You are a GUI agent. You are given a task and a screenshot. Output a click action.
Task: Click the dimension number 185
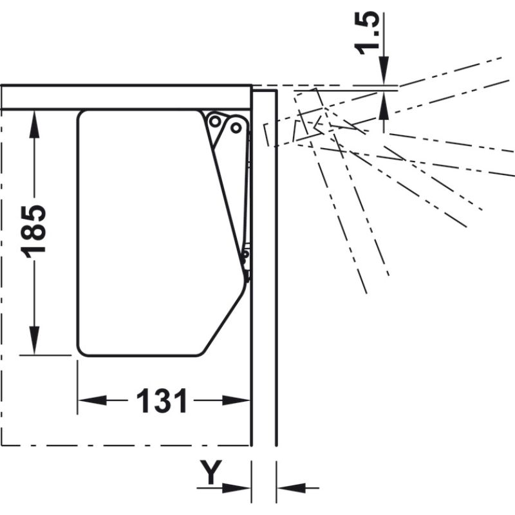click(35, 232)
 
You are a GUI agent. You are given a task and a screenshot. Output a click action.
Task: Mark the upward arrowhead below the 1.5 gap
click(384, 103)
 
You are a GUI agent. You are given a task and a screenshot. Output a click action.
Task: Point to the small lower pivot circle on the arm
click(245, 256)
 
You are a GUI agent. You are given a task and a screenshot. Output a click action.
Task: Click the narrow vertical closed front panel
click(264, 290)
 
